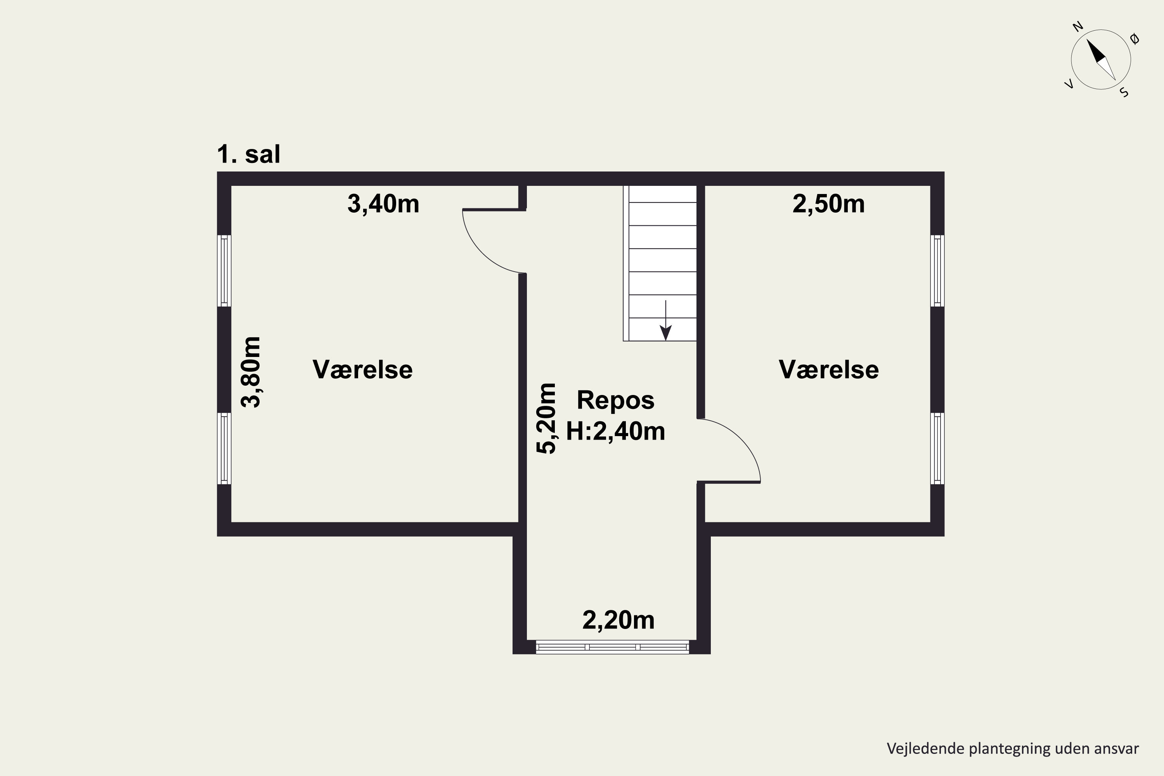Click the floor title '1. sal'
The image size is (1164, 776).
click(248, 154)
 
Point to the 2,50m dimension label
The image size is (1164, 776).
click(828, 204)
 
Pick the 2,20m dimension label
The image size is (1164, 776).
click(618, 620)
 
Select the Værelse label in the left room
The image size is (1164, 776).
click(362, 370)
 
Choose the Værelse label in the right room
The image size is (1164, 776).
click(828, 370)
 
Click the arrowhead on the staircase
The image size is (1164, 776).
click(666, 334)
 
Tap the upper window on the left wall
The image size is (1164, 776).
click(225, 271)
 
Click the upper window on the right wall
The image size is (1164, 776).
click(937, 271)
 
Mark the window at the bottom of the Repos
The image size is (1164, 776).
click(612, 647)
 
